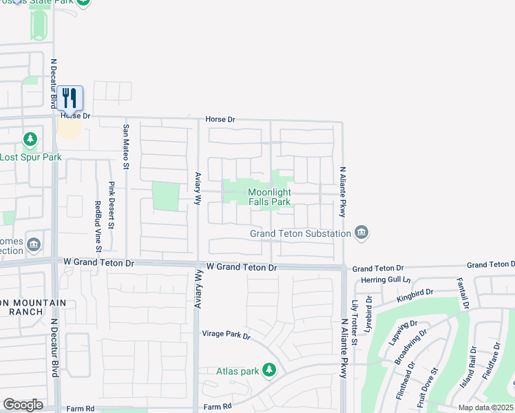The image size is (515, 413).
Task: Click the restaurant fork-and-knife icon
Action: click(70, 98)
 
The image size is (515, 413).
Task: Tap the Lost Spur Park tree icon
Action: click(30, 141)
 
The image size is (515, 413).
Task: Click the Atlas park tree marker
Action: click(269, 371)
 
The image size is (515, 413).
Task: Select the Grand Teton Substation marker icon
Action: click(361, 233)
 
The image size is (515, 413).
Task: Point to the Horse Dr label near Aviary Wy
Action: click(220, 119)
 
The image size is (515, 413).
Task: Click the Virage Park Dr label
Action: click(226, 335)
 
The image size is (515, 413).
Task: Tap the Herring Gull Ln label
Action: click(386, 279)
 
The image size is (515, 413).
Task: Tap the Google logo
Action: click(23, 404)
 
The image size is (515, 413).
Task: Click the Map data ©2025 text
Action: click(485, 407)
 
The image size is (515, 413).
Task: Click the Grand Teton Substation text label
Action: click(300, 233)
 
